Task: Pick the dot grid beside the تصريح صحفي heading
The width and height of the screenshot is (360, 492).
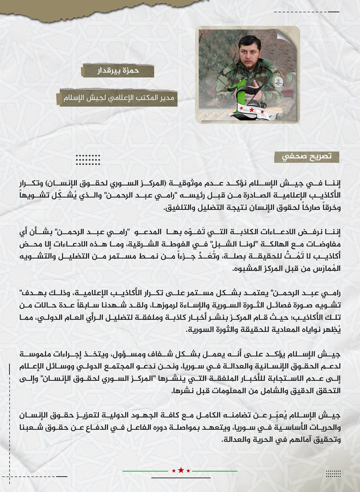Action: [88, 159]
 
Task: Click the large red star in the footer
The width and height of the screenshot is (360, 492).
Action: [181, 470]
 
